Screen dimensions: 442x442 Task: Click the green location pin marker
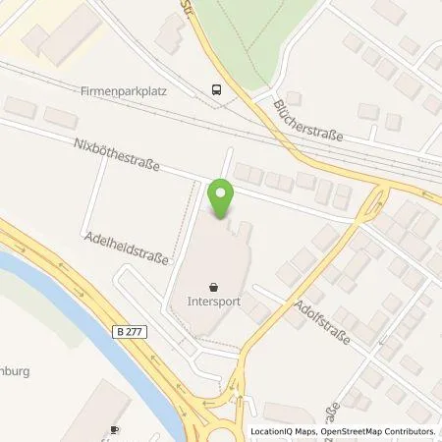point(221,198)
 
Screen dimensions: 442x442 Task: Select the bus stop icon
point(214,88)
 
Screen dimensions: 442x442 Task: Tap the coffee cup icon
point(113,430)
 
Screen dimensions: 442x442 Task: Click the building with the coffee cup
point(103,413)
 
